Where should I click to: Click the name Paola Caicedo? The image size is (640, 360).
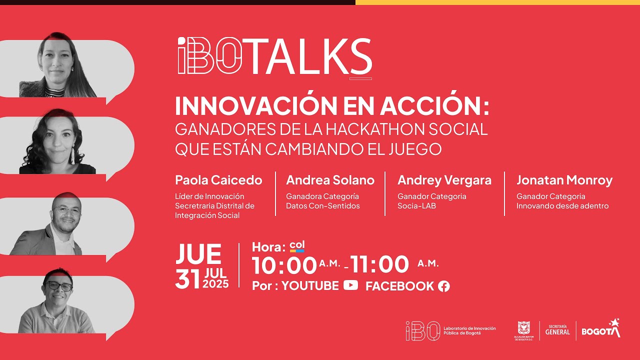click(218, 180)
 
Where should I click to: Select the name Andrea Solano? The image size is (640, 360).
click(330, 180)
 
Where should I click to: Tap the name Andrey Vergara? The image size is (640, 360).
click(444, 180)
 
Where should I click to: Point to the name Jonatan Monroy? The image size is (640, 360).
click(564, 180)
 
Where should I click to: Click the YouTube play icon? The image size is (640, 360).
click(350, 285)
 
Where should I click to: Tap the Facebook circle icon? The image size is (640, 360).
click(443, 286)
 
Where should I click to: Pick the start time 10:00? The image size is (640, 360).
click(284, 265)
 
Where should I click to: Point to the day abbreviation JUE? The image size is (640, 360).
click(198, 254)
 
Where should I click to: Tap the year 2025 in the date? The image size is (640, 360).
click(216, 284)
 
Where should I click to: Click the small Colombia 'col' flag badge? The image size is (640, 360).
click(297, 246)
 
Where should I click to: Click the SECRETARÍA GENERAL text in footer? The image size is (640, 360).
click(557, 330)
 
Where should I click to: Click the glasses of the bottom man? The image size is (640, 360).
click(59, 286)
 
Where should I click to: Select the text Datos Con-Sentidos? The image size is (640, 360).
click(322, 206)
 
